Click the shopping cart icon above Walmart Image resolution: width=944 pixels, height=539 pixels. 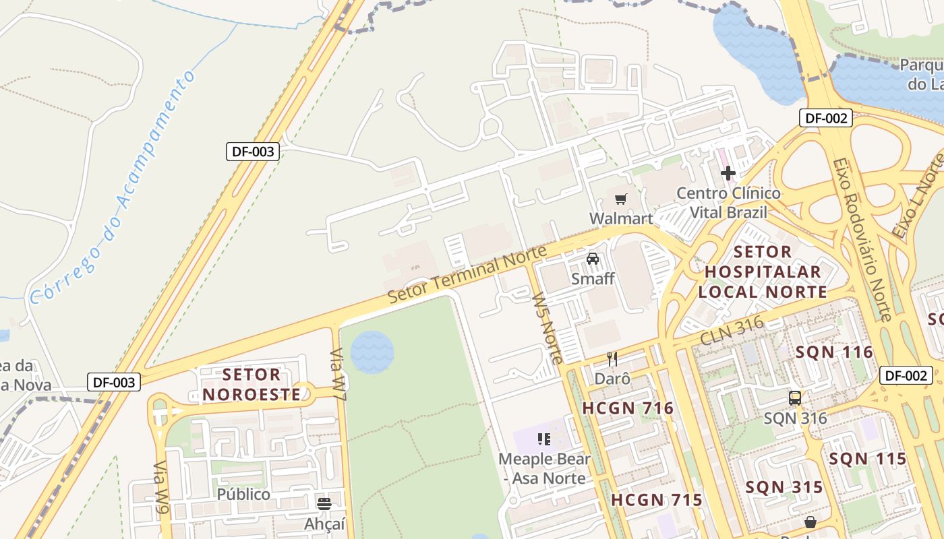click(x=620, y=199)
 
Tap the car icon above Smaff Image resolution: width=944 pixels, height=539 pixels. click(x=593, y=258)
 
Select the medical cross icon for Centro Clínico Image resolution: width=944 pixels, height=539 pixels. click(x=728, y=173)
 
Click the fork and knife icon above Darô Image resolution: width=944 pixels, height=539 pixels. click(x=612, y=358)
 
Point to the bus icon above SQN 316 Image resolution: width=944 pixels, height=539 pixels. click(x=795, y=398)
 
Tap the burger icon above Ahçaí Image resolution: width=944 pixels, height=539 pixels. click(x=324, y=503)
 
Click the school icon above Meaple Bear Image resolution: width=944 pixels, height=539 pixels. click(x=544, y=439)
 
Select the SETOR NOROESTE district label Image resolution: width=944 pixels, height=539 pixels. click(x=252, y=384)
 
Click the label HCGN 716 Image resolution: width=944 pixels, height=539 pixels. click(x=628, y=408)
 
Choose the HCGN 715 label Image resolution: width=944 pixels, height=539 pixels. click(x=657, y=500)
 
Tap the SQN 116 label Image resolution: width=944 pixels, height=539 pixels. click(x=834, y=352)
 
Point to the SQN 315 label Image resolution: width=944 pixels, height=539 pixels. click(x=784, y=487)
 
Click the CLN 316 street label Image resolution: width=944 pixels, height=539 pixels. click(x=732, y=331)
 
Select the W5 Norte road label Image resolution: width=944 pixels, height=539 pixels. click(x=547, y=327)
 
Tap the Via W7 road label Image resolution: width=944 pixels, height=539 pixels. click(x=338, y=375)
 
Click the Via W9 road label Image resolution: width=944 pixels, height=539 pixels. click(x=161, y=488)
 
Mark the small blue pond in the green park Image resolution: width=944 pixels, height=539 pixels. click(x=372, y=350)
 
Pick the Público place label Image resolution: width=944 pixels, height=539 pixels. click(x=243, y=494)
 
